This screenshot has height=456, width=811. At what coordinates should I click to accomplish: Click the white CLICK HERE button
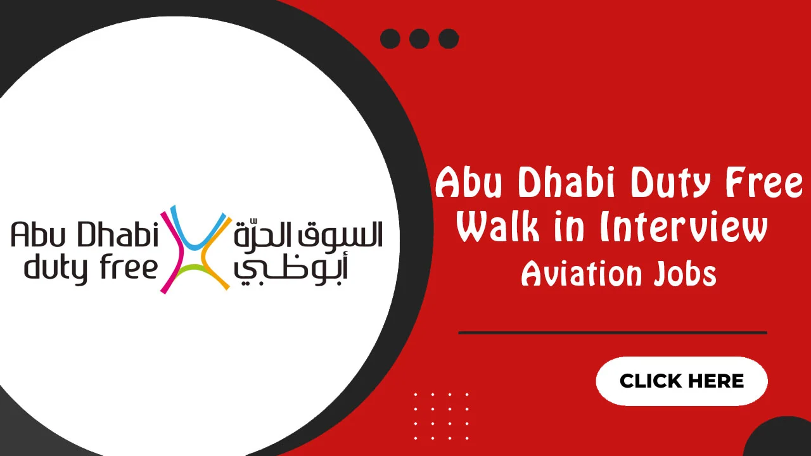point(682,381)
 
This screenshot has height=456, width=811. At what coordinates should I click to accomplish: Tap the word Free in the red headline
point(767,184)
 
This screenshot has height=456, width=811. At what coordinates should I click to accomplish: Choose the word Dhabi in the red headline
point(570,184)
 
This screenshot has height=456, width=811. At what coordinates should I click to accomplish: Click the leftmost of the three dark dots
point(390,39)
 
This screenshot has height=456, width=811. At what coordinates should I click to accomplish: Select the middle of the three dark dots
point(419,39)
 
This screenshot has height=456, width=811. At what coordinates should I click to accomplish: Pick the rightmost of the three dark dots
point(449,39)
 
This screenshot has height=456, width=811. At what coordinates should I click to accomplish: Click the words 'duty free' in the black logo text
point(91,268)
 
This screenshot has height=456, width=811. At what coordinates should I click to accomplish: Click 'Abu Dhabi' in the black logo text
point(84,236)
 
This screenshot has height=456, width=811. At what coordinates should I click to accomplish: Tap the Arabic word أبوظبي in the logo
point(291,270)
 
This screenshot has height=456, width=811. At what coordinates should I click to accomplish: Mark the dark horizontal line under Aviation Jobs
point(612,332)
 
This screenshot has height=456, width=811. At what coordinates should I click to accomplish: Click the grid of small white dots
point(441,416)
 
